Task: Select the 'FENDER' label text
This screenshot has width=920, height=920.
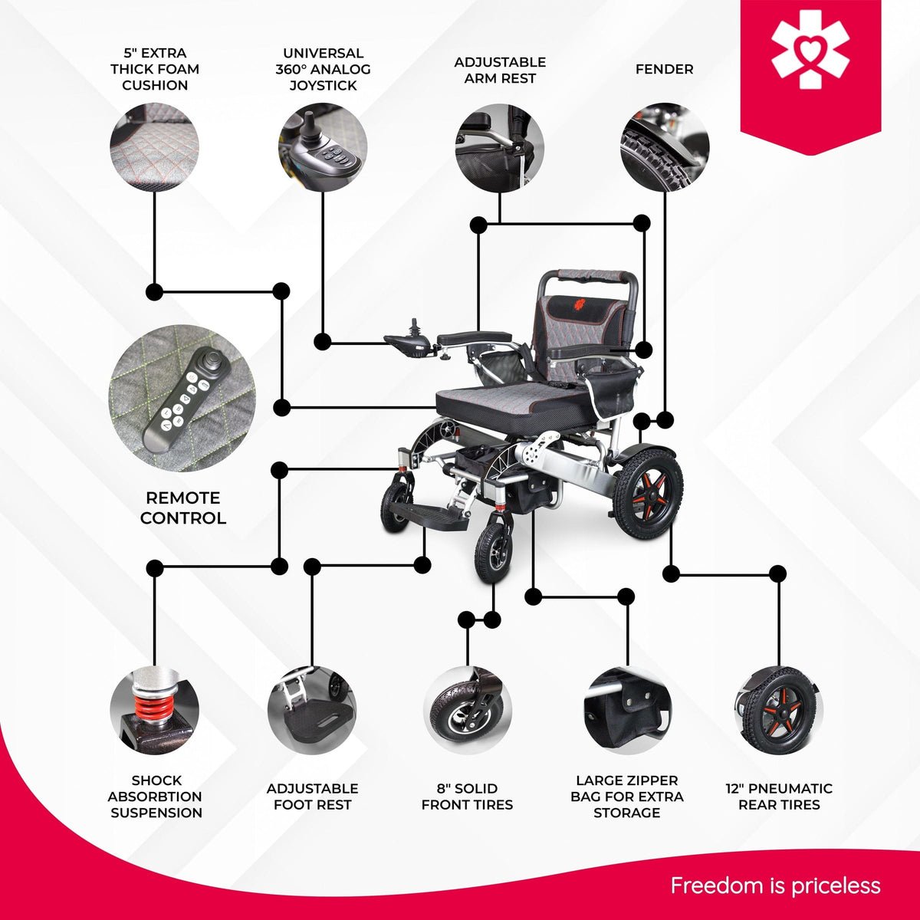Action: pos(664,69)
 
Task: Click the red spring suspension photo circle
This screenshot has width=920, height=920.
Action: pos(154,711)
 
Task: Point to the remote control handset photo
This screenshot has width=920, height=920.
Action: pos(182,398)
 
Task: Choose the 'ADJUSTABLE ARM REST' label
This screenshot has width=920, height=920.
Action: pos(500,71)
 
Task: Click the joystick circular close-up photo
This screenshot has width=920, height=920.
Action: pos(323,147)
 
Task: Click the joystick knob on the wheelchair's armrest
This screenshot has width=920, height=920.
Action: pos(415,328)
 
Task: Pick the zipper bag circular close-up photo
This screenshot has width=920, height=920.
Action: pos(627,711)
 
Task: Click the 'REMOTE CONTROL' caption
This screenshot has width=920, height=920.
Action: pos(183,508)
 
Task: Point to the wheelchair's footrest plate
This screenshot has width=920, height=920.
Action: pos(429,517)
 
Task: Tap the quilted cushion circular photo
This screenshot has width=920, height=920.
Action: pos(154,147)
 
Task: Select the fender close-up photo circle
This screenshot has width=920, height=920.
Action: pos(665,147)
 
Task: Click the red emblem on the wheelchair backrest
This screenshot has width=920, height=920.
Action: pos(580,303)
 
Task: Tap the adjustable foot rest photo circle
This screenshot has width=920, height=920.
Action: pos(312,711)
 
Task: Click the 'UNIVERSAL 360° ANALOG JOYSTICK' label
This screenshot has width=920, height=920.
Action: pos(324,69)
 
